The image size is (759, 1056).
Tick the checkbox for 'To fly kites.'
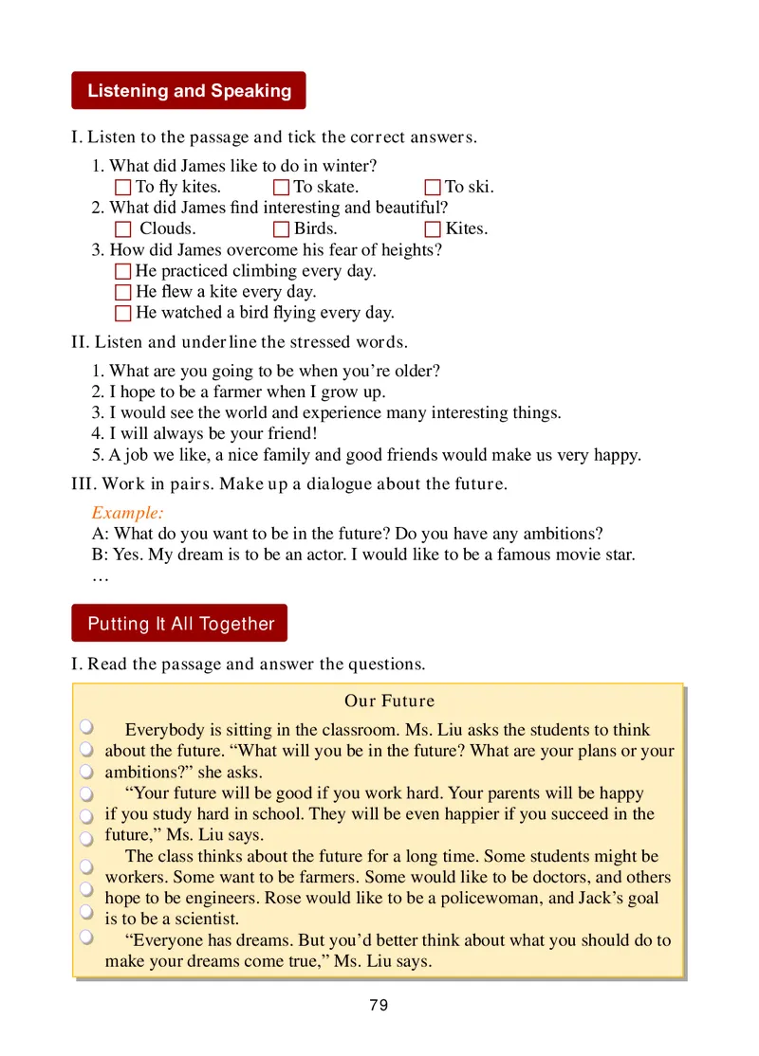tap(122, 188)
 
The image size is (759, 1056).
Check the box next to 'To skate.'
tap(281, 188)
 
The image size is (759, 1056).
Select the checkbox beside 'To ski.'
tap(433, 188)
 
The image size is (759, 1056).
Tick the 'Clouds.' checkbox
tap(122, 229)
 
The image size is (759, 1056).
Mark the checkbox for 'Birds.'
tap(281, 229)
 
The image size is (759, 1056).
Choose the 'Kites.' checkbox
tap(433, 229)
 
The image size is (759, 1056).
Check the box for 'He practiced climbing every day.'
tap(122, 272)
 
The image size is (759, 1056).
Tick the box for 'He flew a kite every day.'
tap(122, 293)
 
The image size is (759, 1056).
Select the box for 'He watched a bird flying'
tap(122, 314)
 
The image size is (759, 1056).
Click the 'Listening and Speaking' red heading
tap(189, 91)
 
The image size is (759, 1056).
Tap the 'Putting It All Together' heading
tap(180, 624)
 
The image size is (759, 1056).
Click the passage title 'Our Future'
tap(389, 701)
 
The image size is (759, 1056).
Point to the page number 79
tap(379, 1006)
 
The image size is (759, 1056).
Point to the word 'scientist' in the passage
tap(206, 919)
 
